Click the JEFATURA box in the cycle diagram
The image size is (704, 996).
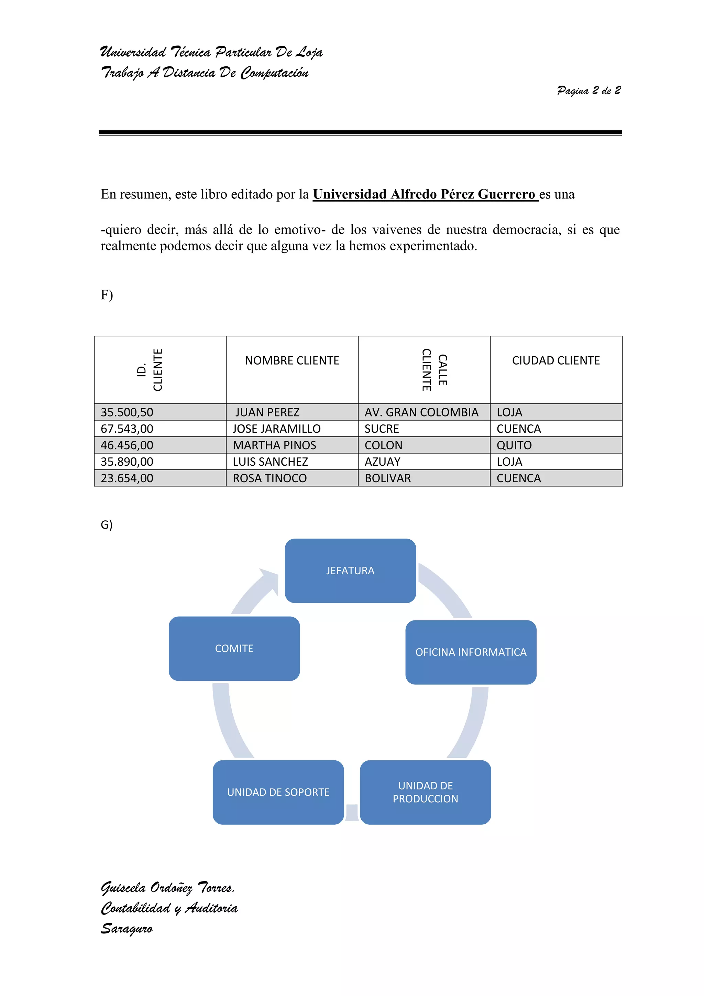[x=350, y=571]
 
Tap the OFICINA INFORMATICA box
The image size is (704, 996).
[x=471, y=652]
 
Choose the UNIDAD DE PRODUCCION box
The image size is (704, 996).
[x=425, y=792]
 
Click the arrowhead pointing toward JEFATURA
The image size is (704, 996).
[x=269, y=580]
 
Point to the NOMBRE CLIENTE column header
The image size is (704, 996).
[x=292, y=360]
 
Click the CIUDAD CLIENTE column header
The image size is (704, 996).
[x=556, y=360]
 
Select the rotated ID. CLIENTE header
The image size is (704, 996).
[x=150, y=370]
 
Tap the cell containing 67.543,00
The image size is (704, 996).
[x=127, y=429]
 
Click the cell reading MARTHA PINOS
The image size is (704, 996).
[x=274, y=445]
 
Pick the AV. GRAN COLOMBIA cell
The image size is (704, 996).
[x=421, y=412]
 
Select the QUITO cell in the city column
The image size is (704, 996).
[x=514, y=445]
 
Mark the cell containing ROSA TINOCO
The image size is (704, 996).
[x=269, y=478]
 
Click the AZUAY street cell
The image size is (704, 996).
[x=382, y=462]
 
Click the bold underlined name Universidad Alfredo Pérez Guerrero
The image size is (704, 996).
[x=424, y=194]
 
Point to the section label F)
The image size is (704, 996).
[x=107, y=295]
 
